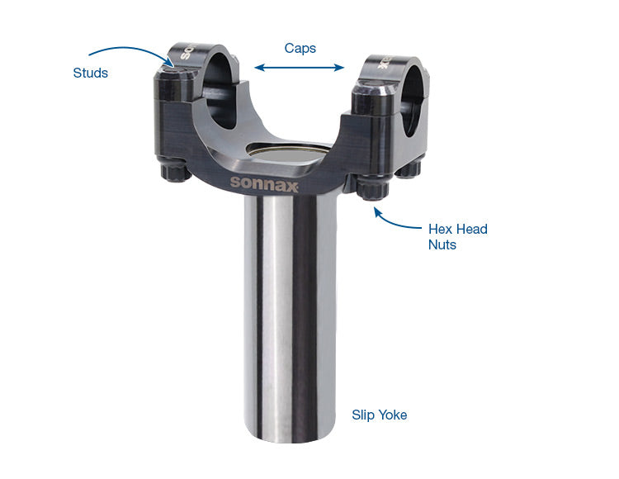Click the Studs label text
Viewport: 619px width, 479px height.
[x=90, y=74]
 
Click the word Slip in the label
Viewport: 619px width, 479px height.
[x=363, y=415]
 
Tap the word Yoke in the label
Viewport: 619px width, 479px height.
[x=393, y=415]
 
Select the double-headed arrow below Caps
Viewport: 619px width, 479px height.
[x=299, y=68]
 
